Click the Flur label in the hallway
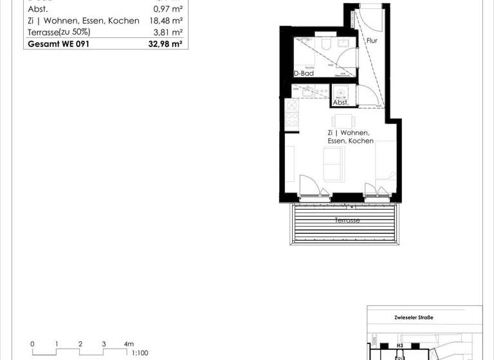click(372, 40)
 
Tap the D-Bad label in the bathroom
click(304, 73)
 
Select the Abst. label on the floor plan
click(340, 102)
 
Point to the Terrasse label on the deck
click(347, 221)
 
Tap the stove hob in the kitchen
click(291, 118)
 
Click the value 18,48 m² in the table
click(169, 21)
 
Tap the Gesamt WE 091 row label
click(56, 44)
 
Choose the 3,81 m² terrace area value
click(169, 32)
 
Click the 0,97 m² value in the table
click(169, 9)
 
